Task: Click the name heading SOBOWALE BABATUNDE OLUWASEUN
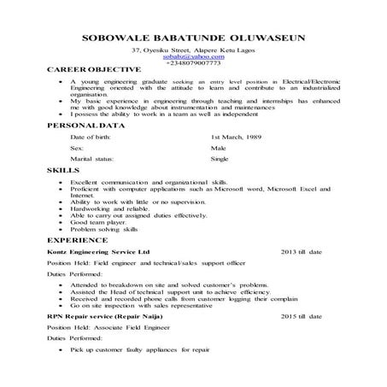(192, 38)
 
